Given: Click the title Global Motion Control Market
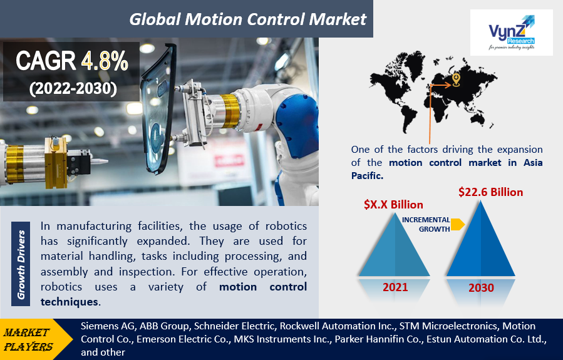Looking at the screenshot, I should coord(247,19).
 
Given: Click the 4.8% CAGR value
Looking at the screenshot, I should coord(105,60).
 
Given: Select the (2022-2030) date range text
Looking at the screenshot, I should coord(73,88).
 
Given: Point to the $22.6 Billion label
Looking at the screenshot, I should coord(490,192).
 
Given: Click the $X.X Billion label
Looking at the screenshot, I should coord(393,205).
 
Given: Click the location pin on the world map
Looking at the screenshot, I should coord(456,79).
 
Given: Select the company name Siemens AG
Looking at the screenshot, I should coord(103,326).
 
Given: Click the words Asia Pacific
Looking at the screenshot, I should coord(511,163).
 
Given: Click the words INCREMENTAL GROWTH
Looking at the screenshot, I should coord(426,224).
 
